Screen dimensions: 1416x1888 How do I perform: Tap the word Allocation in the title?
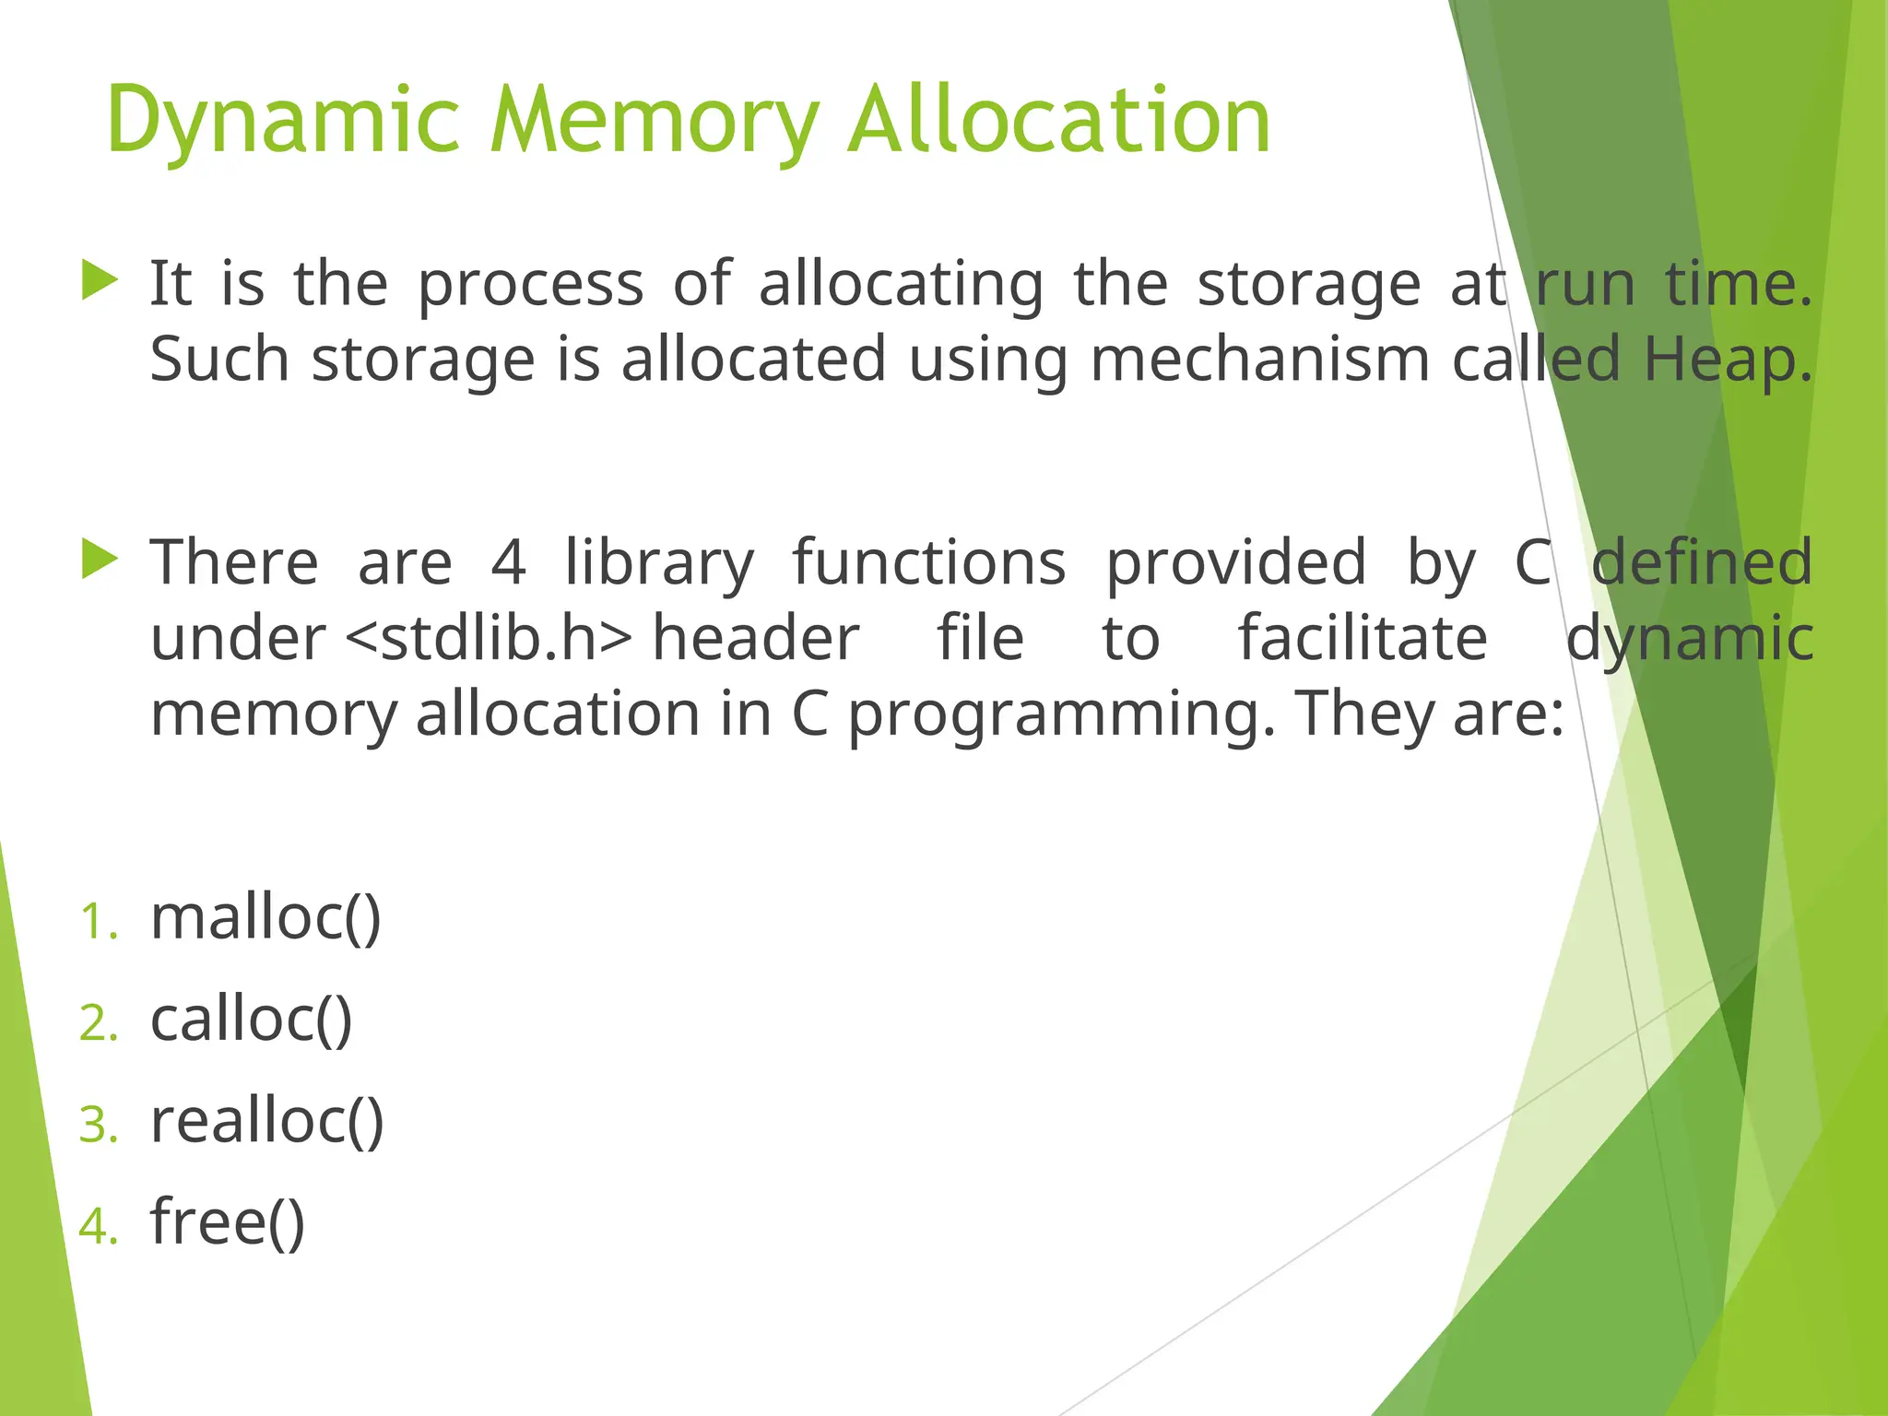[1059, 120]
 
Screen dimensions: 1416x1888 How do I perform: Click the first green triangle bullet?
[100, 280]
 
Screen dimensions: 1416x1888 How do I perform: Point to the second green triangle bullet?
[100, 560]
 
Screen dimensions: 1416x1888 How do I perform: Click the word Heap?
[1727, 360]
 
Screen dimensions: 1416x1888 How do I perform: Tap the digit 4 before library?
[508, 562]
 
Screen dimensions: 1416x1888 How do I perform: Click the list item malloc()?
[265, 919]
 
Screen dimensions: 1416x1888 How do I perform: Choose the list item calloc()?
[251, 1021]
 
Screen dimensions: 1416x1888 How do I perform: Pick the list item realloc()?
[266, 1122]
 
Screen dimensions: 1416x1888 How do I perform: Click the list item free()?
[227, 1222]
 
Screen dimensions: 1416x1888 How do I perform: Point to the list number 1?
[98, 923]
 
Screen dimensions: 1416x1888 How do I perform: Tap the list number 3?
[98, 1126]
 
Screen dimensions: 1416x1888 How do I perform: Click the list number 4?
[98, 1227]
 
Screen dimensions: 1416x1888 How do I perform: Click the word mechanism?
[1259, 360]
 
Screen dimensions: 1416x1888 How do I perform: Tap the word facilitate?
[1362, 639]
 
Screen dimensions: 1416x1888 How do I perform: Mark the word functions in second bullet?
[929, 562]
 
